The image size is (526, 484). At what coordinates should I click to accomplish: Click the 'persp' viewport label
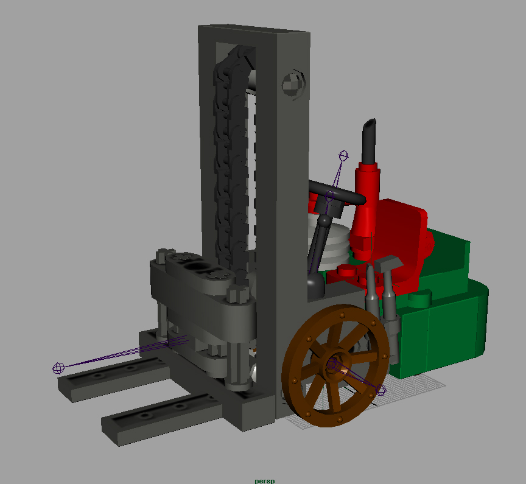click(x=265, y=480)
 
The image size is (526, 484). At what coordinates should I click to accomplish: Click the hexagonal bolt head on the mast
click(x=293, y=84)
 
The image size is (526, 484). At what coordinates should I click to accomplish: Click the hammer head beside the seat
click(x=389, y=261)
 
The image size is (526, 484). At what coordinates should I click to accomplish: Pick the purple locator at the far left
click(x=58, y=368)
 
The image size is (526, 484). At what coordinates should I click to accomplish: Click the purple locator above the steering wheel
click(x=343, y=156)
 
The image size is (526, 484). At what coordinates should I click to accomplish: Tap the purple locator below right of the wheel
click(x=380, y=390)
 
